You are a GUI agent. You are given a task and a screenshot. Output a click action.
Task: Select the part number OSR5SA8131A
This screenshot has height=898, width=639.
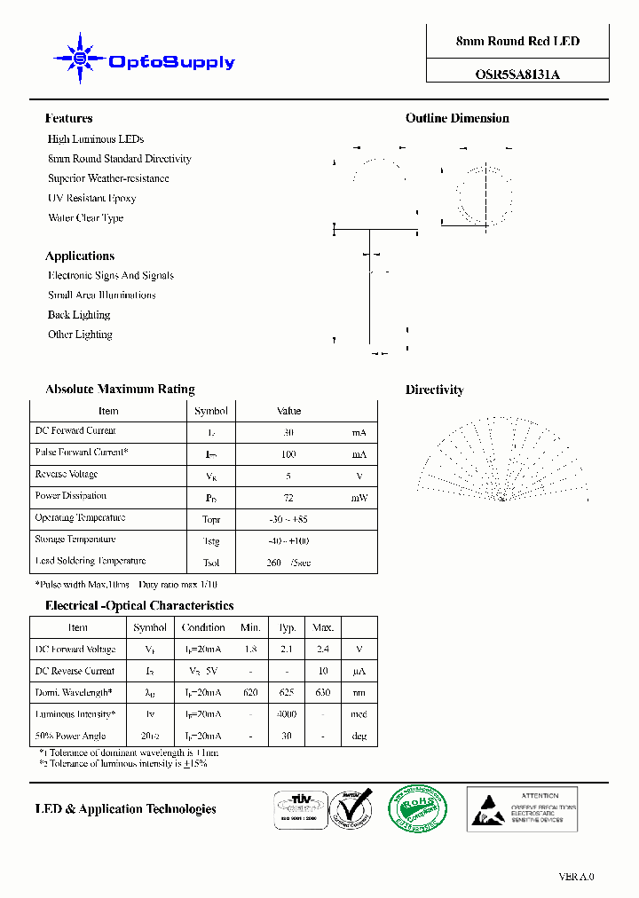(517, 75)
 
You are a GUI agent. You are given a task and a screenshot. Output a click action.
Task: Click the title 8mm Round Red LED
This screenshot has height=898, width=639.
(517, 42)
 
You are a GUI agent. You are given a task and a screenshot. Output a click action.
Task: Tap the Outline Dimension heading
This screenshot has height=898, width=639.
(457, 118)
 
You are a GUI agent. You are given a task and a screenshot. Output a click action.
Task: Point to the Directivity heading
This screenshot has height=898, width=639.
(434, 390)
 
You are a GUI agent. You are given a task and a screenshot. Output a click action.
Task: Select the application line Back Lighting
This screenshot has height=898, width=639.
(79, 315)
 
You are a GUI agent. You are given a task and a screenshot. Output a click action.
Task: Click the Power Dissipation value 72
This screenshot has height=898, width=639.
(288, 498)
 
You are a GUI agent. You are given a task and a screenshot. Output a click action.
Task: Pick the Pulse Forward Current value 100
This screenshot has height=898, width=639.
(288, 454)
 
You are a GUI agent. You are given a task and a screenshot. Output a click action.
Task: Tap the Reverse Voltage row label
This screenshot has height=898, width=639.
(67, 475)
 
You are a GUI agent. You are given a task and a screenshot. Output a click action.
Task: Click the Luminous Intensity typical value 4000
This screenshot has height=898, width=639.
(287, 714)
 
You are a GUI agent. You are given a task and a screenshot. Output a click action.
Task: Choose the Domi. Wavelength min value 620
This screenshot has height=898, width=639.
(251, 693)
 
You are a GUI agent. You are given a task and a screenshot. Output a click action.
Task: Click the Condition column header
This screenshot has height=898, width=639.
(203, 627)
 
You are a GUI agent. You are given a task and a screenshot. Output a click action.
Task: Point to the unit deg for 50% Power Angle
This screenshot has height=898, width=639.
(359, 737)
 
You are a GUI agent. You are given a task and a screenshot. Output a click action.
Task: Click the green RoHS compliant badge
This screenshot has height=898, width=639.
(418, 808)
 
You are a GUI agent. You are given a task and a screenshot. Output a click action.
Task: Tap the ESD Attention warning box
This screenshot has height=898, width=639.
(523, 808)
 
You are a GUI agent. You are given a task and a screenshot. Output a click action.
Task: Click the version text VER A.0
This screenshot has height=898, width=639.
(576, 877)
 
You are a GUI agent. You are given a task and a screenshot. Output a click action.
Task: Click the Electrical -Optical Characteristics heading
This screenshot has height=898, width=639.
(139, 606)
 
